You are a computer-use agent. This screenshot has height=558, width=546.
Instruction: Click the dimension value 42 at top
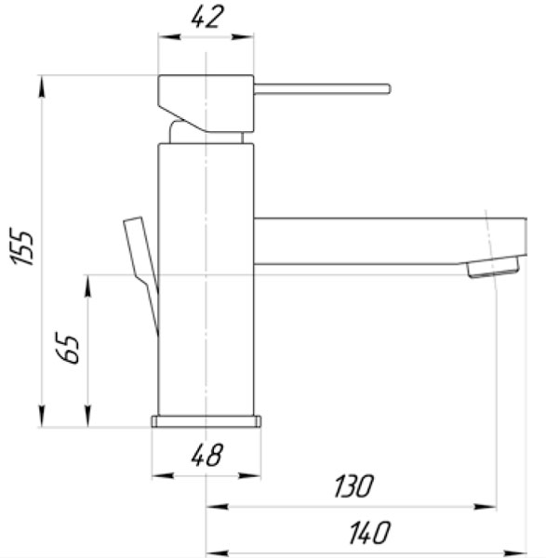206,18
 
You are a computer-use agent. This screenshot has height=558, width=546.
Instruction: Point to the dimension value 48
207,455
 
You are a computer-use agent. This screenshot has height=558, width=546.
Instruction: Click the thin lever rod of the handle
322,89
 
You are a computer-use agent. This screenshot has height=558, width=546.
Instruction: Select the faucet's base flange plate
206,421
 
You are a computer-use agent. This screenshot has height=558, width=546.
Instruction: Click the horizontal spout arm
372,241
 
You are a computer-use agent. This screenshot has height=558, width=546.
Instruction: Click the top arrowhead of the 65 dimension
89,282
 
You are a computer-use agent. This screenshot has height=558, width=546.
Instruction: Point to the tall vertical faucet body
206,279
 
